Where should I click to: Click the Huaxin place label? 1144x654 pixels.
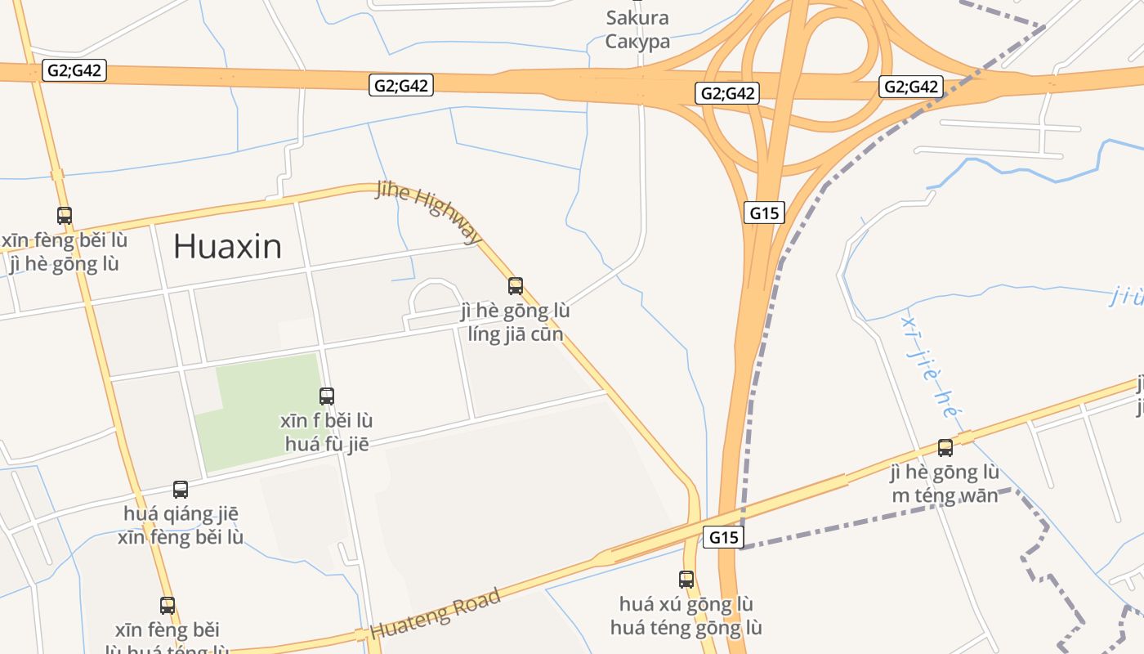(227, 246)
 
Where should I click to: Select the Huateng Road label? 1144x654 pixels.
(435, 615)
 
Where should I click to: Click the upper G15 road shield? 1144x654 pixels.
(765, 213)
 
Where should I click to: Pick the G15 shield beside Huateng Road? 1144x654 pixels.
(724, 537)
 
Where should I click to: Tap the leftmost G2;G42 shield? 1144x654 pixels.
(74, 70)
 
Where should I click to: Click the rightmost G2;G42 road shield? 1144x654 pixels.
(911, 87)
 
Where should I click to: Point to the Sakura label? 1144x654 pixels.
(637, 18)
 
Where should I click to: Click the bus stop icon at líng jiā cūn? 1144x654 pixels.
(516, 286)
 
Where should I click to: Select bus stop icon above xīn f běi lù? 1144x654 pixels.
(327, 396)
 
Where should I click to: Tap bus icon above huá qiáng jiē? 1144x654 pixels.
(181, 490)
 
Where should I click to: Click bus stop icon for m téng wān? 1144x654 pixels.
(945, 448)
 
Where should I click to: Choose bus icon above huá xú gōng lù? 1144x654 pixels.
(686, 580)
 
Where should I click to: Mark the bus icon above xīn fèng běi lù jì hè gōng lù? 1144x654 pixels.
(64, 216)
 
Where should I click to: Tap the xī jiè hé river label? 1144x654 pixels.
(931, 368)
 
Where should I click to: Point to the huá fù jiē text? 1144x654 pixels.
(327, 445)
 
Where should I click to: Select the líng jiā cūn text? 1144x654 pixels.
(516, 334)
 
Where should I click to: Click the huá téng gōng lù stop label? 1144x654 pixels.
(686, 628)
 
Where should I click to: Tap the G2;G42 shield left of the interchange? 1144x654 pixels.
(727, 93)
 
